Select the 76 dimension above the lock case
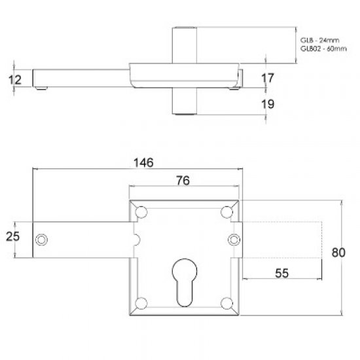point(185,182)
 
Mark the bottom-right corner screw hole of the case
point(227,302)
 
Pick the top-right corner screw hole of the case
point(227,211)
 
